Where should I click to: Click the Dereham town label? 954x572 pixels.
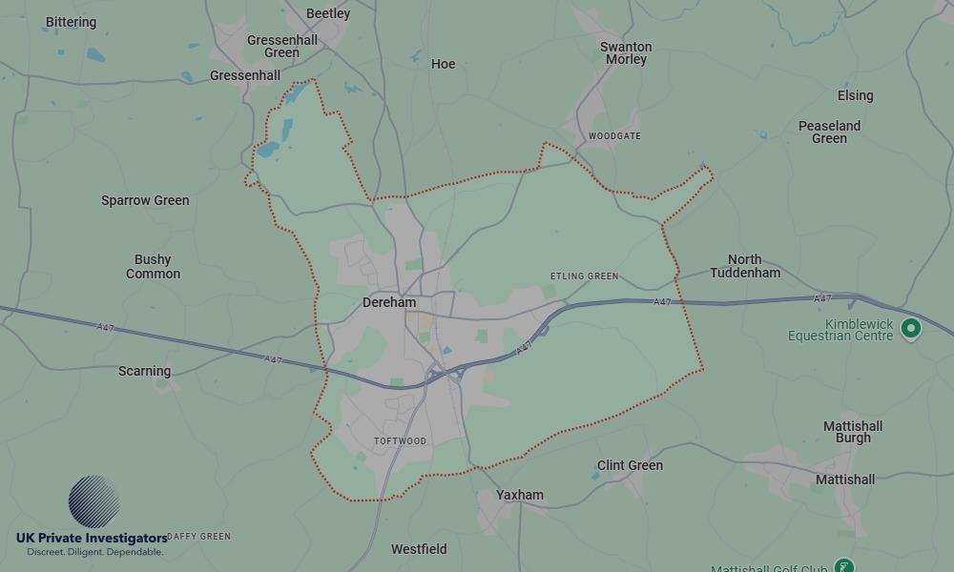pos(389,302)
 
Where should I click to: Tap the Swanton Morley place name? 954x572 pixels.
pos(626,53)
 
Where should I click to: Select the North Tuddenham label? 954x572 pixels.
pos(744,266)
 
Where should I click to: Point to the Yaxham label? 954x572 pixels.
pos(520,495)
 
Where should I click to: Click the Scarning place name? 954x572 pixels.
pos(145,371)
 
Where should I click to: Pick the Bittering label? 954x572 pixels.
pos(71,22)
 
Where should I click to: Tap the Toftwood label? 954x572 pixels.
pos(400,441)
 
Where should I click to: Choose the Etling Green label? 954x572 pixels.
pos(584,276)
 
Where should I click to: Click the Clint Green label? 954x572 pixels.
pos(630,465)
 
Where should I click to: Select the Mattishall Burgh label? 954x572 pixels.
pos(853,432)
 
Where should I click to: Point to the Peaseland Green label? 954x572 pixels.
pos(829,132)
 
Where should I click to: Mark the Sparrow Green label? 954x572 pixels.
pos(145,200)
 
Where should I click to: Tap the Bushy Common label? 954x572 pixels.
pos(153,266)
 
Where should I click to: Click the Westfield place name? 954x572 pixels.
pos(419,549)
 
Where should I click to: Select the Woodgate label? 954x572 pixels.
pos(614,136)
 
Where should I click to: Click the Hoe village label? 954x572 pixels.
pos(443,64)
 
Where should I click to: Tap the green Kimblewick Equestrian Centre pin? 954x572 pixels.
pos(911,329)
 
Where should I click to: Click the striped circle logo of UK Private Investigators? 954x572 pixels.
pos(93,501)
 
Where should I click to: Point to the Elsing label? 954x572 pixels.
pos(855,95)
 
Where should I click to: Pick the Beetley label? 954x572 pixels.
pos(328,13)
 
